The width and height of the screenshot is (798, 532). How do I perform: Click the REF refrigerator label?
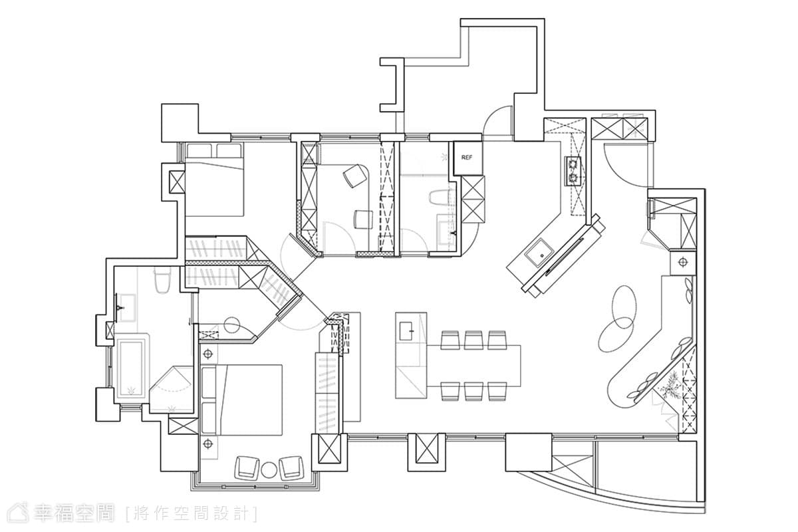466,158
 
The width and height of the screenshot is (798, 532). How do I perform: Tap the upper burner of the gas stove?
573,165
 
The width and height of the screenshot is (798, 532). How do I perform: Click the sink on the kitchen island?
406,331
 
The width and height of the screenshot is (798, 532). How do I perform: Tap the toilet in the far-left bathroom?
162,281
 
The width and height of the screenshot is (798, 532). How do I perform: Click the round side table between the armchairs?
269,470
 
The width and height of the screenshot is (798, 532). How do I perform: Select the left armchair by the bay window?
247,467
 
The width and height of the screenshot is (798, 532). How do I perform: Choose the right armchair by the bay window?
291,467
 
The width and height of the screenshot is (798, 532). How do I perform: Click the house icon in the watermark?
19,513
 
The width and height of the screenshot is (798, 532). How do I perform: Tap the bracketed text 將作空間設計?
192,513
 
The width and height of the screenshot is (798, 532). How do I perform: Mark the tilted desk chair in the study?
355,176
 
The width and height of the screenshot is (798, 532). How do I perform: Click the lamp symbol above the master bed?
208,354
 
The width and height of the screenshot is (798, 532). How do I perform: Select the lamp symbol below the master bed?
208,444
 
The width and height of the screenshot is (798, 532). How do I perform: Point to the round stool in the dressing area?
231,325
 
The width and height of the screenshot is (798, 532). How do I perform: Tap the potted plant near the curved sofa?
670,386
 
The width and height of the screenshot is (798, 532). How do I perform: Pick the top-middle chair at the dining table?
473,340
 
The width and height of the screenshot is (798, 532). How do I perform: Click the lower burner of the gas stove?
573,178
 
